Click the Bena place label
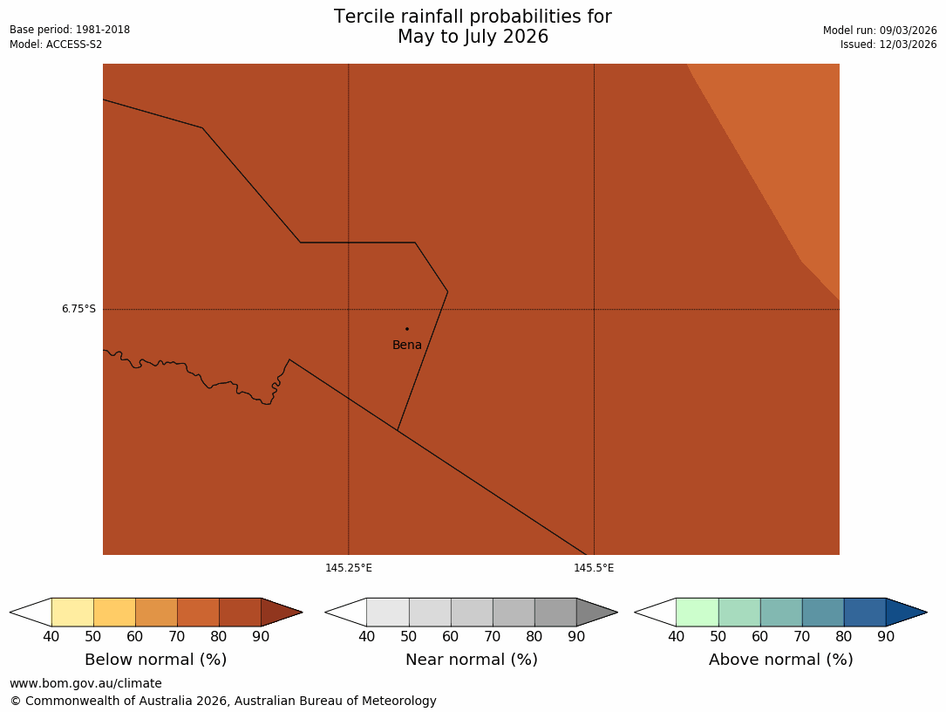pos(406,346)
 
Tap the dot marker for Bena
pos(406,329)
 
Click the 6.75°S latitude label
pos(78,309)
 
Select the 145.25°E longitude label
pos(349,568)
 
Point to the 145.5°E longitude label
pos(594,568)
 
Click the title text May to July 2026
pos(473,38)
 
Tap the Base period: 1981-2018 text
pos(70,30)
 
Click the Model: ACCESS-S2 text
pos(56,44)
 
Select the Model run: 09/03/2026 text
pos(880,31)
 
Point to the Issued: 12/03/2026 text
pos(888,44)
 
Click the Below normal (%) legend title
pos(155,660)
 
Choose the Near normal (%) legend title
pos(471,660)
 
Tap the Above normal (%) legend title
pos(780,660)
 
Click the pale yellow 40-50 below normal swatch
pos(72,612)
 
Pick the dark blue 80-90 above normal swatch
pos(864,612)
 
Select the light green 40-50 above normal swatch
pos(697,612)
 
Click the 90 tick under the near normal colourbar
pos(576,636)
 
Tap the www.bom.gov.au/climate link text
pos(85,683)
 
